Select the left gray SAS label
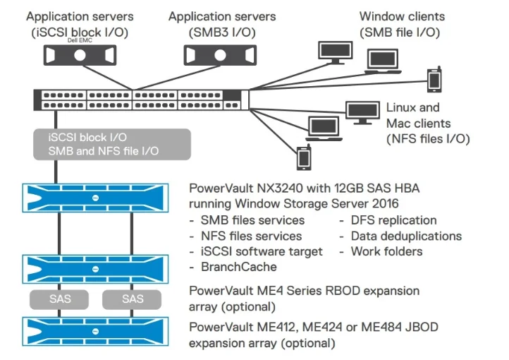[59, 299]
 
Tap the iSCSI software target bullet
[262, 251]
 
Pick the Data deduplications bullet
[405, 236]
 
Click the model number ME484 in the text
[348, 328]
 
